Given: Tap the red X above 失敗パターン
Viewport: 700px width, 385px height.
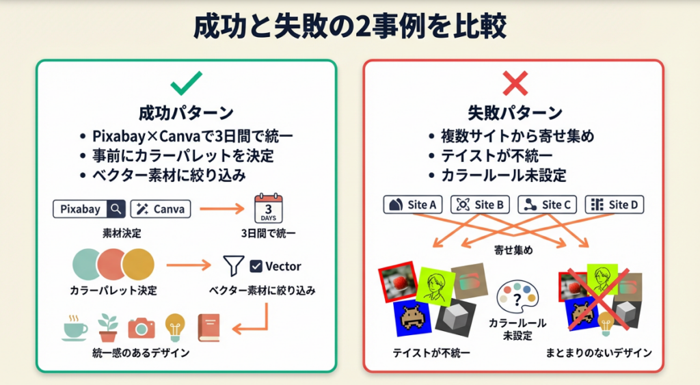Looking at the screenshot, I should click(x=515, y=84).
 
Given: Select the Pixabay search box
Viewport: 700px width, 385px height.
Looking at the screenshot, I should click(x=90, y=209).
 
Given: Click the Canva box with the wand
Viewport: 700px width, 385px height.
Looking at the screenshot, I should click(x=160, y=209).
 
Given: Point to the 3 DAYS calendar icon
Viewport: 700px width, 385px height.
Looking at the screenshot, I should click(x=268, y=209).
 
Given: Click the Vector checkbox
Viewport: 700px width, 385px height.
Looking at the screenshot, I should click(x=256, y=266).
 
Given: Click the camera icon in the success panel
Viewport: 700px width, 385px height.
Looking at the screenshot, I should click(x=142, y=328).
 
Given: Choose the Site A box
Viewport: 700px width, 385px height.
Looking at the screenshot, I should click(x=414, y=204).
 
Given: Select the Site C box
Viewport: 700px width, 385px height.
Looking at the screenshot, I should click(x=548, y=204).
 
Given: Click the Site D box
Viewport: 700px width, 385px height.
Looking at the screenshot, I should click(x=615, y=204).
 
